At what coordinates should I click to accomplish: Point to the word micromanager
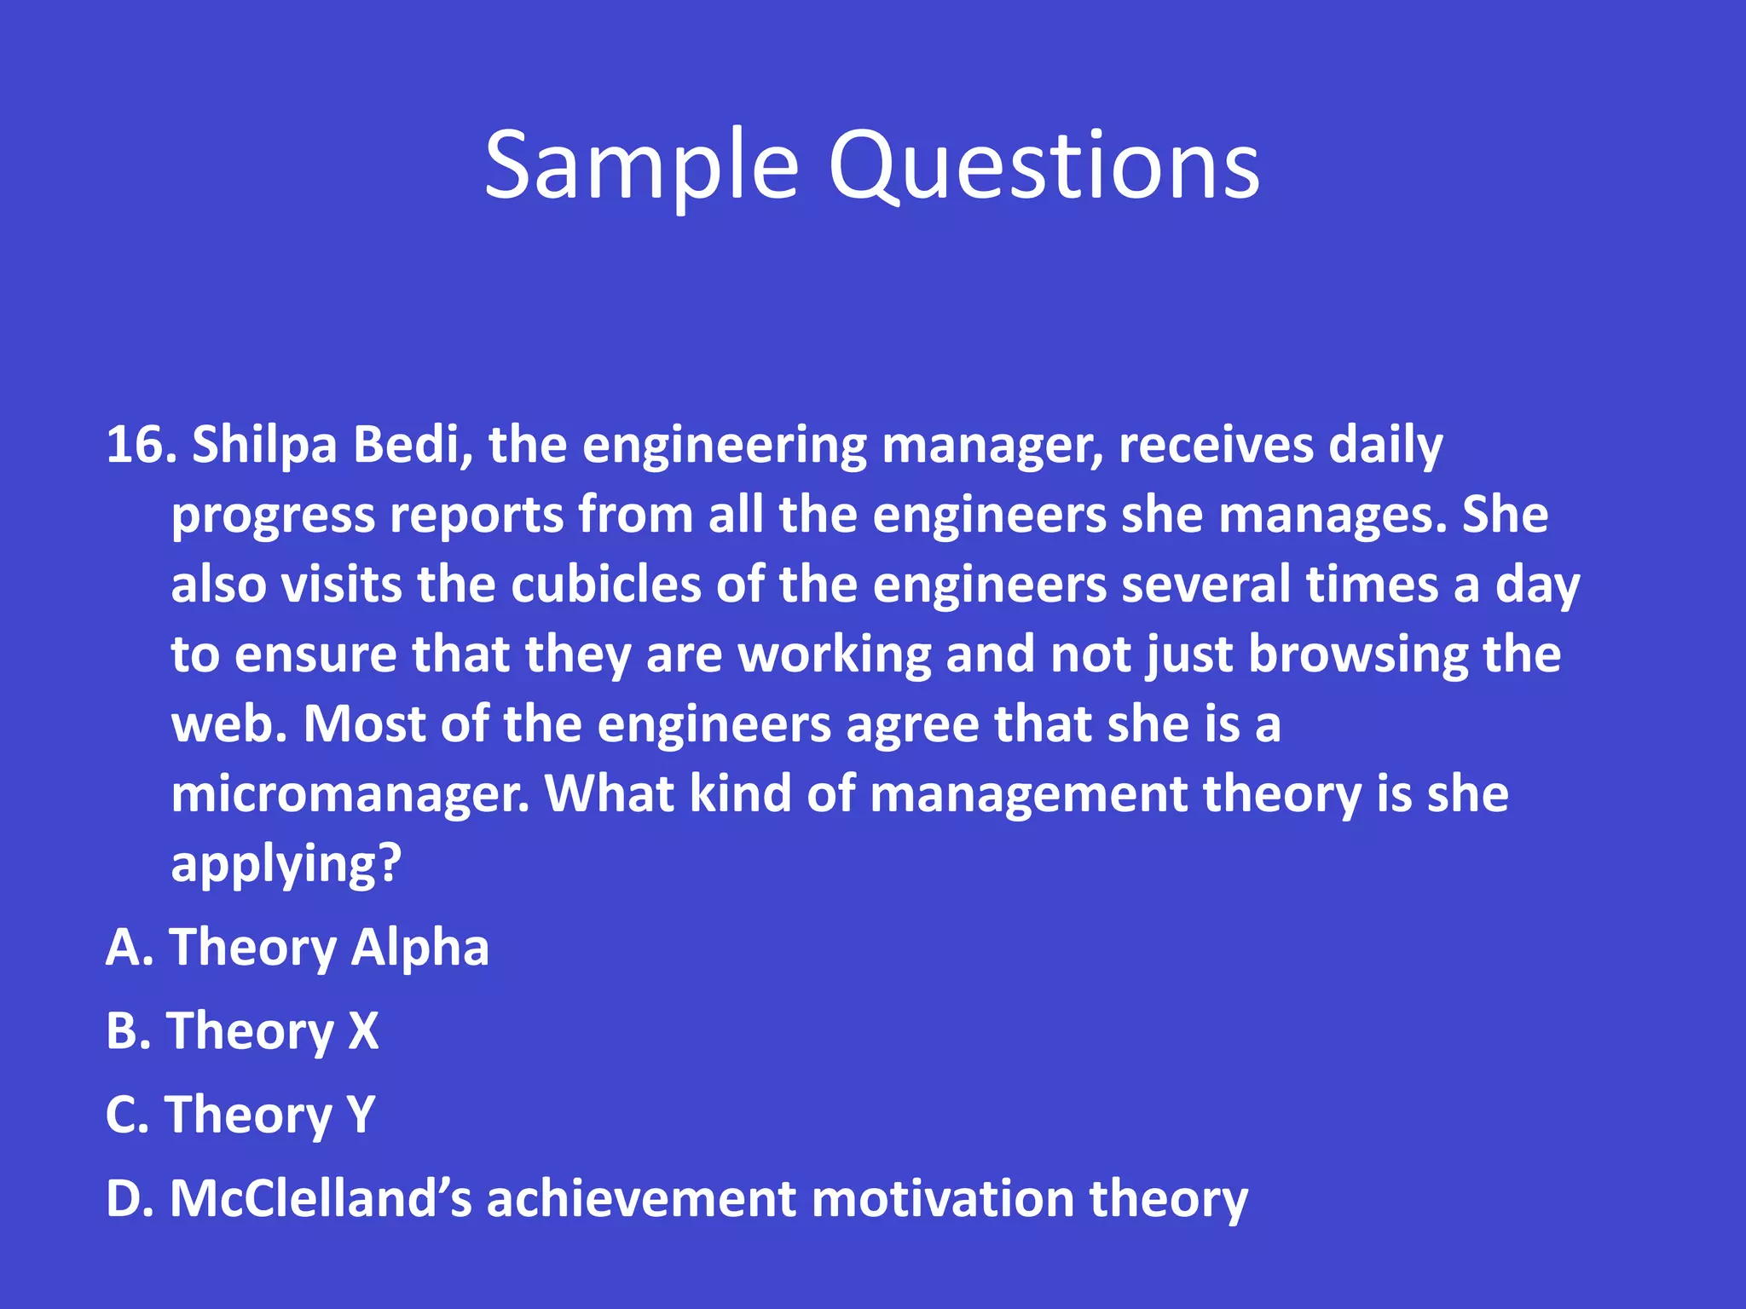tap(350, 795)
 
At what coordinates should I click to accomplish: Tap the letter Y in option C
tap(361, 1115)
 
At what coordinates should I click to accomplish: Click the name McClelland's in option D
tap(321, 1199)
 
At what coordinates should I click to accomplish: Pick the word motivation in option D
tap(941, 1199)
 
